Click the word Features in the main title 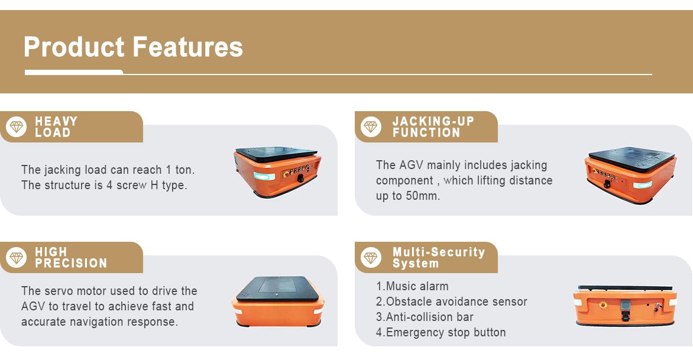coord(187,47)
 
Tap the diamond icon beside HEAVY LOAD coord(17,127)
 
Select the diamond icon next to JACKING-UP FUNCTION coord(371,127)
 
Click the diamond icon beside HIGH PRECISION coord(17,258)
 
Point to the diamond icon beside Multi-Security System coord(371,258)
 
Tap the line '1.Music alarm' coord(412,286)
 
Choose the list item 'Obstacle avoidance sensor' coord(456,301)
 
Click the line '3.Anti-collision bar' coord(425,317)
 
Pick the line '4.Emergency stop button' coord(441,332)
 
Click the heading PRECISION coord(71,263)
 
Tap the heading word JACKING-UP coord(433,121)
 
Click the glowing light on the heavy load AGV coord(264,176)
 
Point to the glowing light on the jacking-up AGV coord(642,184)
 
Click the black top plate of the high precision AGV coord(278,288)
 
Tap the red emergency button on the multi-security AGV coord(603,305)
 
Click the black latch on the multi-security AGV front coord(626,310)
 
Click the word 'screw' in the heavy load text coord(131,185)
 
